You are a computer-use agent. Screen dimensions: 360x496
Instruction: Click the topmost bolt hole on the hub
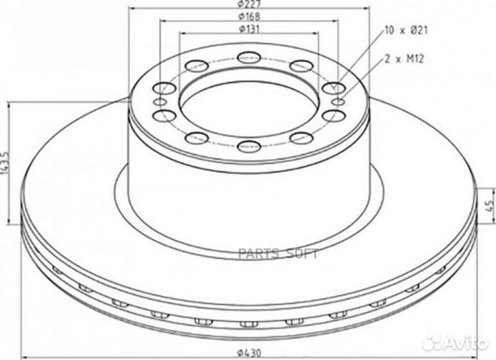coord(248,57)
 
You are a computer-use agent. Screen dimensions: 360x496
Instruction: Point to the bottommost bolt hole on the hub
coord(248,145)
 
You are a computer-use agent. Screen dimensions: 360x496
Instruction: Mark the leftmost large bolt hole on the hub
coord(165,88)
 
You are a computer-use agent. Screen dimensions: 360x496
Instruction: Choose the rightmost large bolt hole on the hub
coord(331,88)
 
